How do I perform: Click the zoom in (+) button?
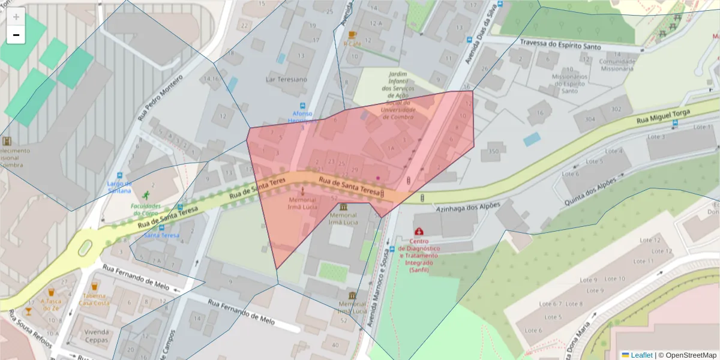click(x=16, y=17)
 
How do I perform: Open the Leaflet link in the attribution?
click(x=641, y=355)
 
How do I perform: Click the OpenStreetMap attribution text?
click(x=687, y=355)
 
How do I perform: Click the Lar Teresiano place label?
click(x=286, y=79)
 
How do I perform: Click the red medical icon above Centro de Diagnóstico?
click(x=419, y=231)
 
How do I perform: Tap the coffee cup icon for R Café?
click(x=352, y=34)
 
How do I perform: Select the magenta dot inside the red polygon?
click(x=378, y=178)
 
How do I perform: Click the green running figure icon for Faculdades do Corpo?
click(x=145, y=195)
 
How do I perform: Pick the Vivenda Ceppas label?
click(x=96, y=335)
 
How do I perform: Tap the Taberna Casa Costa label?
click(x=94, y=299)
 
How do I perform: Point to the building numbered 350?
click(x=494, y=151)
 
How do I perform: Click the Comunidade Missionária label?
click(x=616, y=65)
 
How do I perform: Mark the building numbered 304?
click(x=590, y=119)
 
